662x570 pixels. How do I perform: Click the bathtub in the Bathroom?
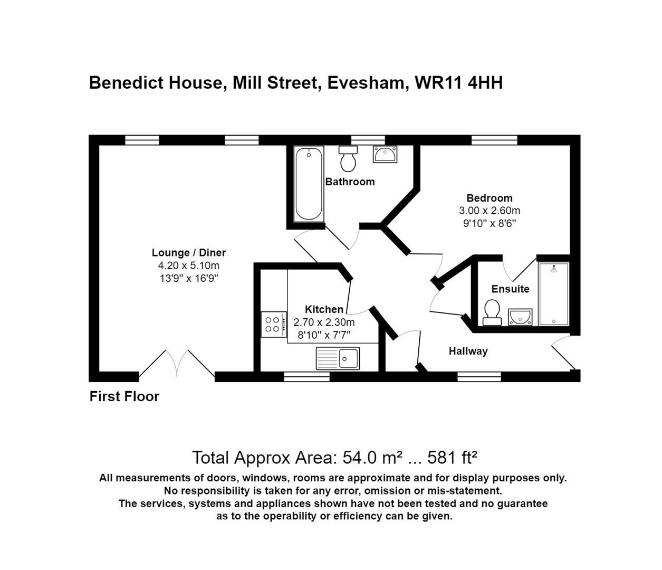point(308,184)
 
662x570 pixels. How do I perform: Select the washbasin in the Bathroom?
point(385,154)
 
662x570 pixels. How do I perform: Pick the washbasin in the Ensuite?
point(520,317)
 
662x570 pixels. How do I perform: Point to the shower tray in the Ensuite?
point(553,293)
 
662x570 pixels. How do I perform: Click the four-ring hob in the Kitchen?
point(273,324)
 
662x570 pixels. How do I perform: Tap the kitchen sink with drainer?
point(338,358)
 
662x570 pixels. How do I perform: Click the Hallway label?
point(468,351)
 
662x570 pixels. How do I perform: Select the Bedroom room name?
point(489,198)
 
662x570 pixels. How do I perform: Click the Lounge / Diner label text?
point(189,253)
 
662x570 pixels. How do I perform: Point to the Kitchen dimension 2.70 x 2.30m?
point(324,322)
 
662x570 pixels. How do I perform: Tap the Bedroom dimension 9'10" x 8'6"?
point(489,223)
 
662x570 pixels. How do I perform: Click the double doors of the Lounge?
point(177,364)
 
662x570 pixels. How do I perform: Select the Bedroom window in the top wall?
point(494,140)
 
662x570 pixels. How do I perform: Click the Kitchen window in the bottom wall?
point(306,377)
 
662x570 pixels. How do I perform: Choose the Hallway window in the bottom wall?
point(479,377)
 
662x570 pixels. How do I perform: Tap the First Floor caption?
point(124,396)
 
